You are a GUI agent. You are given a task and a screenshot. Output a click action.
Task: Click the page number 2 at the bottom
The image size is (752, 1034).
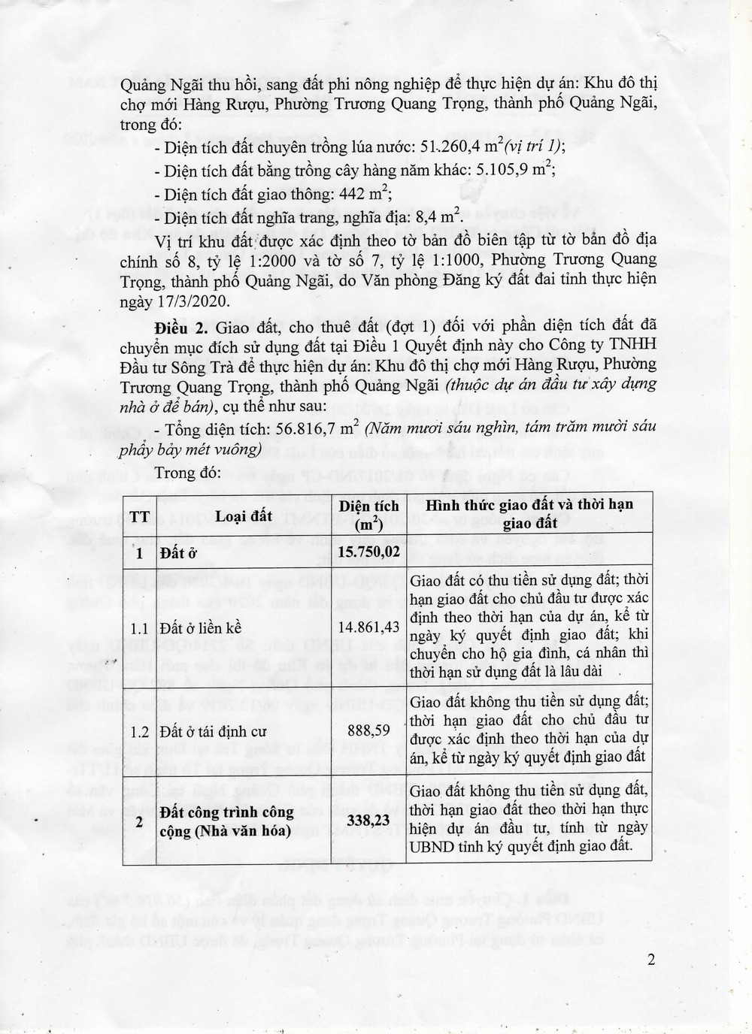pos(651,960)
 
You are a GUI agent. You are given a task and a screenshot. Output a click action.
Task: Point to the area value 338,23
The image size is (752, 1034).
pos(368,819)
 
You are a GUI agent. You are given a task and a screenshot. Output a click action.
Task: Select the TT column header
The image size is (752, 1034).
pos(139,515)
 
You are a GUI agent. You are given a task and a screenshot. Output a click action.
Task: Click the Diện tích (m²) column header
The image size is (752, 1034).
pos(368,515)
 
